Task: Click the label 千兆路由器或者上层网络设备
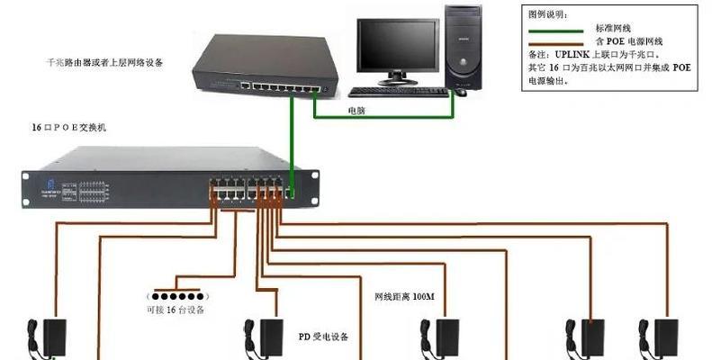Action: (116, 63)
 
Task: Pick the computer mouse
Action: (460, 91)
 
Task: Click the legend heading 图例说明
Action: (550, 15)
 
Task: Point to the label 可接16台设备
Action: (176, 310)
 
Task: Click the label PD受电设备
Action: (322, 337)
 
